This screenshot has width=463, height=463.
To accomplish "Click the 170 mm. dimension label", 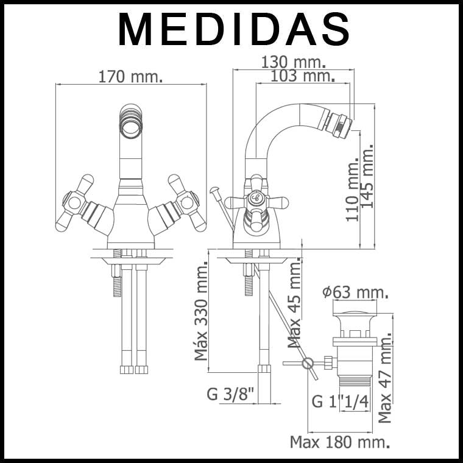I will (130, 77).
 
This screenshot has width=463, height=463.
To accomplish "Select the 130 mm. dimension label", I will (293, 62).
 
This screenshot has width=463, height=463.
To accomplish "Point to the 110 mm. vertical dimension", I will (353, 191).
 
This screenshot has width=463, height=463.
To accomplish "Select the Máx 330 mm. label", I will (202, 311).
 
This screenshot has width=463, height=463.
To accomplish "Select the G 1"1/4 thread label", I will (340, 401).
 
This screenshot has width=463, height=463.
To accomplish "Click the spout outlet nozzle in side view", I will (339, 123).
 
